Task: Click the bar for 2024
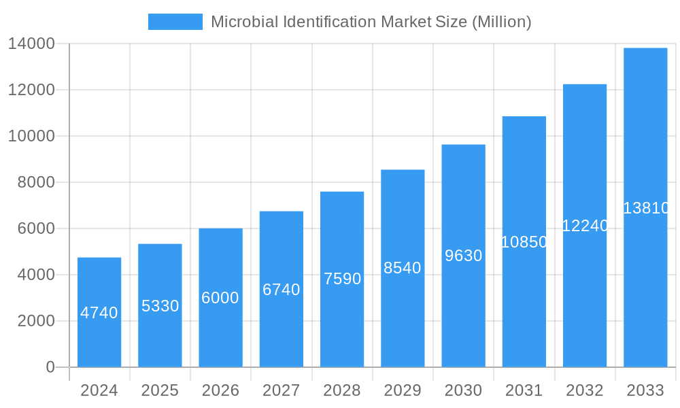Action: (99, 312)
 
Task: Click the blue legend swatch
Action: (175, 22)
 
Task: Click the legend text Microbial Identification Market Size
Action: (371, 22)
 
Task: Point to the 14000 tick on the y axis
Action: (32, 44)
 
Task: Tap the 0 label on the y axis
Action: (50, 367)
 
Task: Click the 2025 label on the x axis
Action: (160, 390)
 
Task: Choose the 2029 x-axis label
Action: (403, 390)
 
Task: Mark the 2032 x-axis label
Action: (585, 390)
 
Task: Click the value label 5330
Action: (160, 306)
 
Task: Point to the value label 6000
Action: (220, 298)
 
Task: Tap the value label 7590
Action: (342, 279)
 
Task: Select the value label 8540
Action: (403, 268)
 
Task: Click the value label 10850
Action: (524, 242)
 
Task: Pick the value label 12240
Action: (585, 226)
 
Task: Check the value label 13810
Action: (646, 208)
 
